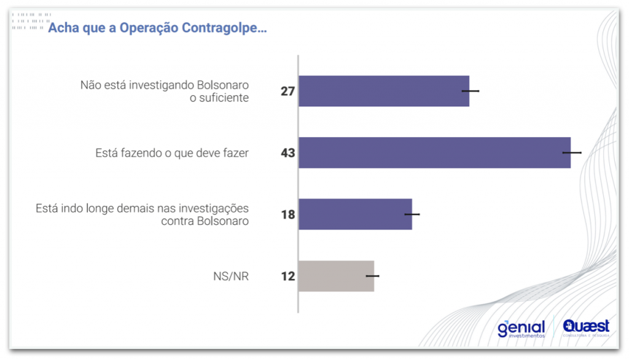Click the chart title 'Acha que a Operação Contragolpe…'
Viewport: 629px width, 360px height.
pyautogui.click(x=157, y=28)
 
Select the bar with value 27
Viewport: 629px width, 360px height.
pyautogui.click(x=383, y=91)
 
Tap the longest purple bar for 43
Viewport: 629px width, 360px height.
pyautogui.click(x=434, y=152)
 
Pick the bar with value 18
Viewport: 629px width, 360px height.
pyautogui.click(x=354, y=214)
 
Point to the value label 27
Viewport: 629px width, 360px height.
pyautogui.click(x=288, y=92)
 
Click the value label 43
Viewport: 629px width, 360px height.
pyautogui.click(x=288, y=153)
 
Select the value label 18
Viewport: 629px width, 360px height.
pyautogui.click(x=288, y=215)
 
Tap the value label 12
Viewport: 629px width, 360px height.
pyautogui.click(x=288, y=276)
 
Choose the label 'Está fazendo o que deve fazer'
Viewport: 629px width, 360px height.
pyautogui.click(x=172, y=153)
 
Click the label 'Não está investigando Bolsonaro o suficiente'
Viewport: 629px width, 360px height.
pyautogui.click(x=165, y=91)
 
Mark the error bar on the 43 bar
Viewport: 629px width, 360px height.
pyautogui.click(x=572, y=152)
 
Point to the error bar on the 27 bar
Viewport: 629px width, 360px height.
pyautogui.click(x=471, y=91)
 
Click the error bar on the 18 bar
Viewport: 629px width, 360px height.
pyautogui.click(x=412, y=214)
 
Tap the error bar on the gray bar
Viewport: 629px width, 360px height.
pyautogui.click(x=373, y=276)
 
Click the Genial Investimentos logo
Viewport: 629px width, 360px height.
pyautogui.click(x=521, y=329)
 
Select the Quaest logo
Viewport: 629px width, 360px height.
pyautogui.click(x=586, y=327)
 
